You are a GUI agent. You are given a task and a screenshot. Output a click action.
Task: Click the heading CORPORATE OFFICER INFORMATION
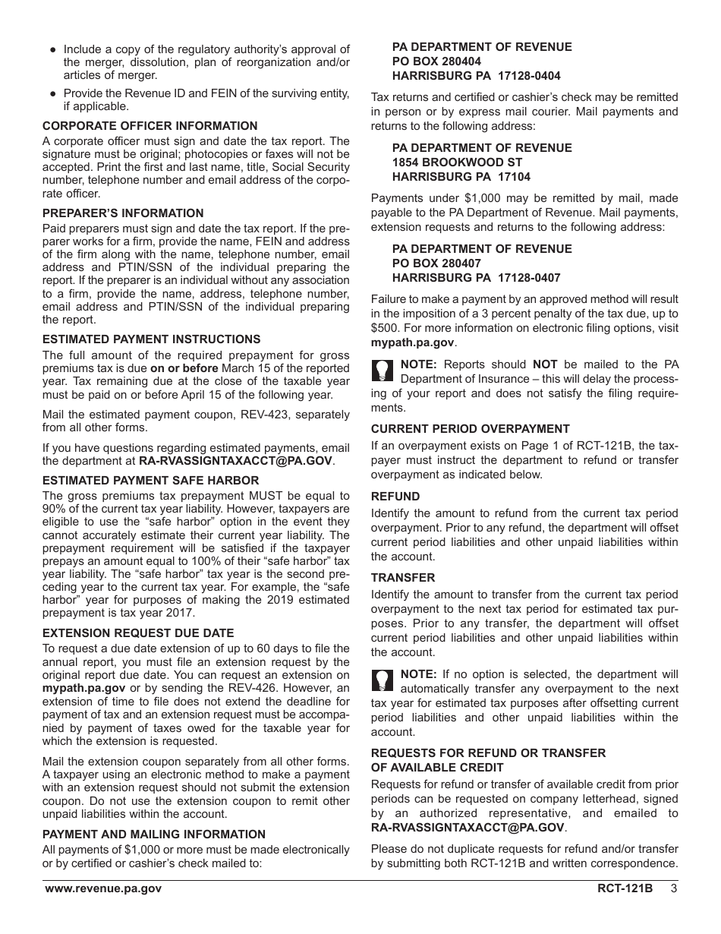pos(150,126)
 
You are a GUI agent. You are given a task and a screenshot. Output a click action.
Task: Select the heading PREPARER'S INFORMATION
pos(123,213)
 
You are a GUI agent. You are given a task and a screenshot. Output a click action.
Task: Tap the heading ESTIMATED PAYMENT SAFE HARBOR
pos(150,481)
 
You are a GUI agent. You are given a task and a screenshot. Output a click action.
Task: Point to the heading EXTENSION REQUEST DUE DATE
pos(138,633)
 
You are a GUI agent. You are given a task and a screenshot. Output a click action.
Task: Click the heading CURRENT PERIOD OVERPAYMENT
pos(470,429)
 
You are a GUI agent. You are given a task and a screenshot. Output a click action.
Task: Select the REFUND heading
pos(395,497)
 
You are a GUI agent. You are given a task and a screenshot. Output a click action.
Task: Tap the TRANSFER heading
pos(403,578)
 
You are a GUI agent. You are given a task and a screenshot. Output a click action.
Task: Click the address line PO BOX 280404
pos(436,62)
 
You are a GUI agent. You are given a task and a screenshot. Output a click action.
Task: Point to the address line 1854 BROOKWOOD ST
pos(457,163)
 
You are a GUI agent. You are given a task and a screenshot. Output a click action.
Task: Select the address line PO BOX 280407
pos(436,263)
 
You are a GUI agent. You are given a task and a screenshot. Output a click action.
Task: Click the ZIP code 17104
pos(514,177)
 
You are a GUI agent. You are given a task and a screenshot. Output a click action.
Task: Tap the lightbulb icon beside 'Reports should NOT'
pos(383,370)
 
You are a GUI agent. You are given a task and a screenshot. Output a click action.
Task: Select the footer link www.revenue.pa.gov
pos(103,888)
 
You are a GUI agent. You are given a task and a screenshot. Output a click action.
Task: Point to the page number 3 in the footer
pos(674,888)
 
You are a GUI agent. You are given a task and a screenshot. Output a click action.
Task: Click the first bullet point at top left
pos(52,49)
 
